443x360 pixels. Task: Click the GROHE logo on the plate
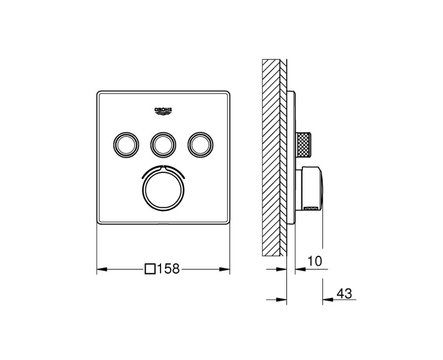tap(163, 110)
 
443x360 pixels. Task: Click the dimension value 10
tap(314, 260)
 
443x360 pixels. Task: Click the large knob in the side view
tap(311, 188)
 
